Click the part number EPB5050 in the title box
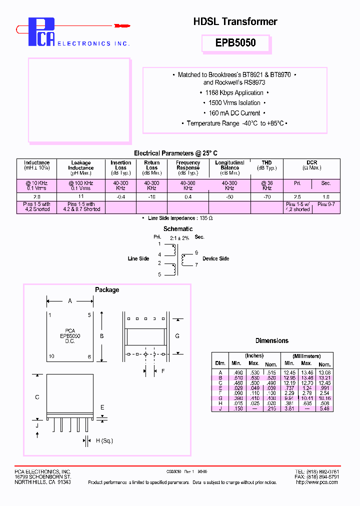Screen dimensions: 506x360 click(x=235, y=43)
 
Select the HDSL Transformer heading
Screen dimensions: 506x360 click(x=235, y=21)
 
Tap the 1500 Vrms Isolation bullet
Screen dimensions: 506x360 click(x=235, y=103)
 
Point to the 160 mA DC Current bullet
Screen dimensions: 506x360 click(x=235, y=113)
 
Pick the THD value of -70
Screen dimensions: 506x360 click(x=266, y=197)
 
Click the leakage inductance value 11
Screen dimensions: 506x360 click(x=81, y=197)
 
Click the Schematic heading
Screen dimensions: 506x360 click(x=178, y=229)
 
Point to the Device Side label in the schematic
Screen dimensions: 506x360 click(x=216, y=258)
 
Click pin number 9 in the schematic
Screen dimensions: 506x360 click(x=196, y=252)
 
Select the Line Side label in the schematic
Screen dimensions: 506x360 click(x=138, y=258)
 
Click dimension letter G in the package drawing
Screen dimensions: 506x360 click(x=177, y=336)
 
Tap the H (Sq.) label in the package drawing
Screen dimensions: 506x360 click(x=104, y=440)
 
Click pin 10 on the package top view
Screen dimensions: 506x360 click(x=51, y=356)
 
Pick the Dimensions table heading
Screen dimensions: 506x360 click(x=272, y=340)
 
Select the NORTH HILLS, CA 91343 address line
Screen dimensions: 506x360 click(x=42, y=482)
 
